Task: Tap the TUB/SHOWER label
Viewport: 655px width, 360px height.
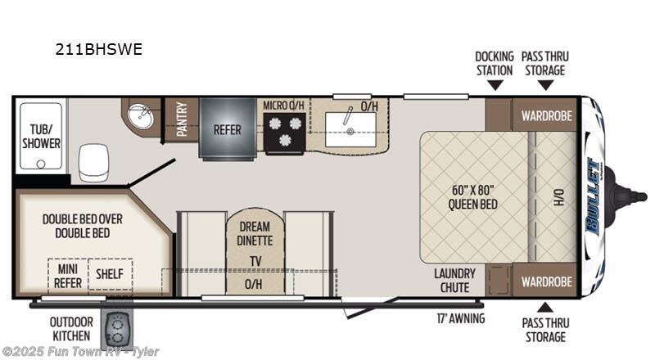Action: click(41, 136)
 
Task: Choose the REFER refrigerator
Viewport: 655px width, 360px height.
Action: click(227, 129)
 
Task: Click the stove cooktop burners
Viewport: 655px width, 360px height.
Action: click(283, 131)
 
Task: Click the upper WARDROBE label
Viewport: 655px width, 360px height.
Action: click(546, 115)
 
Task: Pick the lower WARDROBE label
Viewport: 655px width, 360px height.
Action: click(546, 281)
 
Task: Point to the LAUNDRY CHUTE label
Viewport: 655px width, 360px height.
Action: click(452, 281)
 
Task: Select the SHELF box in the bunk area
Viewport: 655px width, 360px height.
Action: click(110, 273)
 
